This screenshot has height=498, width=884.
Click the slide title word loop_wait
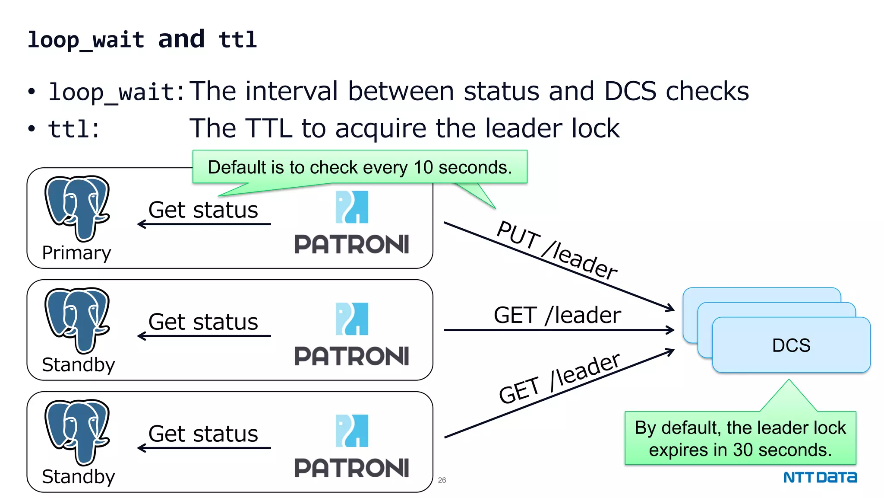tap(85, 40)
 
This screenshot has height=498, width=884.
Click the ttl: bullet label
tap(74, 129)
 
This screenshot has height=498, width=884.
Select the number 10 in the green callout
tap(423, 167)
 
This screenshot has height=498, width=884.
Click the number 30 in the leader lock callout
tap(742, 450)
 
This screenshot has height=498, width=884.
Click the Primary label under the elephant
tap(76, 253)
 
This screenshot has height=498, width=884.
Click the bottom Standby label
tap(78, 476)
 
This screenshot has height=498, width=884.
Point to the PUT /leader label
tap(557, 250)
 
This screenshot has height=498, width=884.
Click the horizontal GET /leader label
tap(557, 315)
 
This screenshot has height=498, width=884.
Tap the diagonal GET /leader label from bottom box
tap(559, 378)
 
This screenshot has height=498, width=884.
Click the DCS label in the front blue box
tap(791, 345)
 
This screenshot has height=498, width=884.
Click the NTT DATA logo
tap(820, 477)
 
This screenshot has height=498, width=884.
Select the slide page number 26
tap(442, 480)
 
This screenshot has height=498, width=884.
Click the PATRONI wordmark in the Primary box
tap(351, 244)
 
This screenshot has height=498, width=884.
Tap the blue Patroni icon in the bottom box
tap(352, 431)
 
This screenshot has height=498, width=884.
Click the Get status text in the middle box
tap(203, 322)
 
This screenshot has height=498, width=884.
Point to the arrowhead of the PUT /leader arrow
tap(670, 308)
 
